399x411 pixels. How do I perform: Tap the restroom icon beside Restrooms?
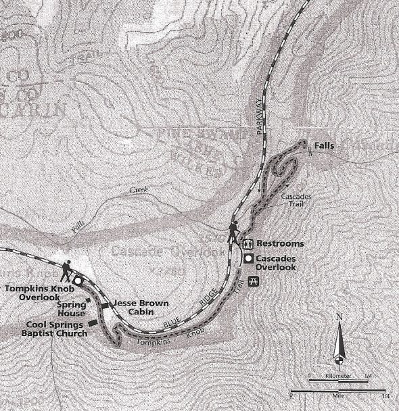pos(248,243)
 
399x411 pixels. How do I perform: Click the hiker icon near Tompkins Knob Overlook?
pos(68,271)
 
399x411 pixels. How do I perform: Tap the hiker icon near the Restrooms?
pos(234,231)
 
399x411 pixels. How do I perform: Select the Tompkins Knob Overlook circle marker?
pos(78,280)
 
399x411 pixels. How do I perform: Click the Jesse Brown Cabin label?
pos(137,308)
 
